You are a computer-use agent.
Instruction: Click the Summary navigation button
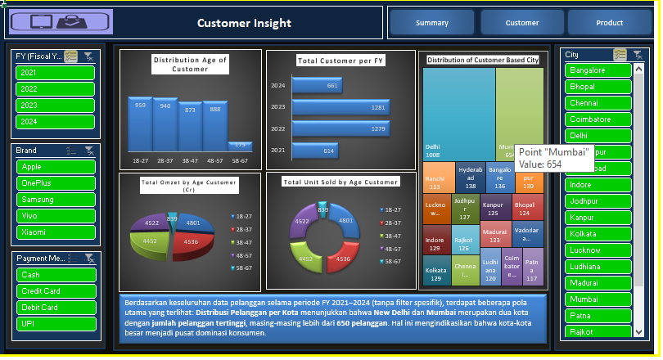[x=431, y=23]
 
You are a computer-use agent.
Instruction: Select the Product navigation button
[x=609, y=23]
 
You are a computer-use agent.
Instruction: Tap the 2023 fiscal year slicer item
[x=55, y=105]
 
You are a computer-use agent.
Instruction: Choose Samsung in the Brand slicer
[x=55, y=200]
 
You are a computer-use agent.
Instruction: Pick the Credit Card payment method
[x=55, y=291]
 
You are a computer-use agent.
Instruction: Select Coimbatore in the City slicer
[x=598, y=119]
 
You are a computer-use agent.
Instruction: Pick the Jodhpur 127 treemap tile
[x=465, y=209]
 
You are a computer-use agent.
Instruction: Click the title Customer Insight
[x=244, y=23]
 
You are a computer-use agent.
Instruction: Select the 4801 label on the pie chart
[x=193, y=223]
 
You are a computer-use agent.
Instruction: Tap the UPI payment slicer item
[x=55, y=324]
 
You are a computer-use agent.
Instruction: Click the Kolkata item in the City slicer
[x=598, y=234]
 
